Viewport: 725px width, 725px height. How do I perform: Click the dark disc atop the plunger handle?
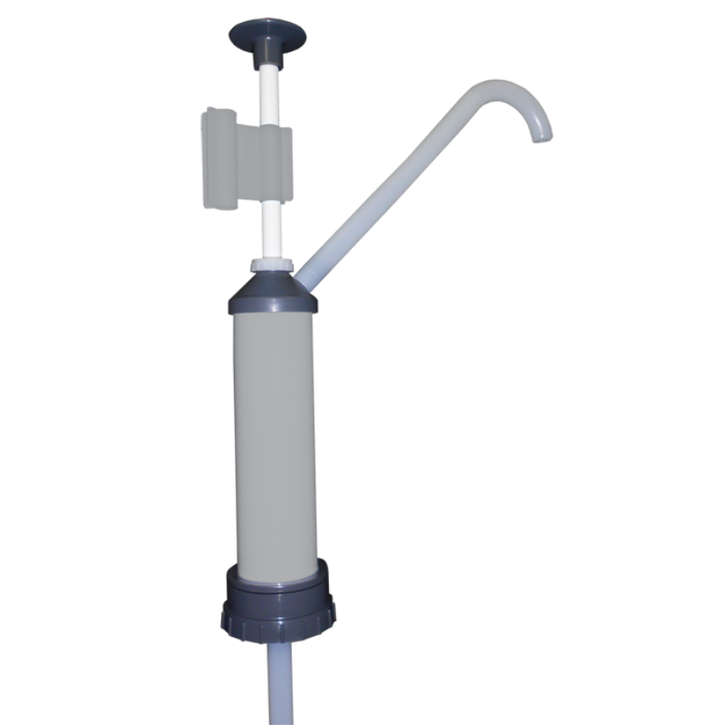coord(266,34)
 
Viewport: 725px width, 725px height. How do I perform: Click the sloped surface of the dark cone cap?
coord(271,283)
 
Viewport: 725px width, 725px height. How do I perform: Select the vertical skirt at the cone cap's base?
coord(272,304)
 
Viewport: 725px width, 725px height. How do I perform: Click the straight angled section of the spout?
coord(390,181)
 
